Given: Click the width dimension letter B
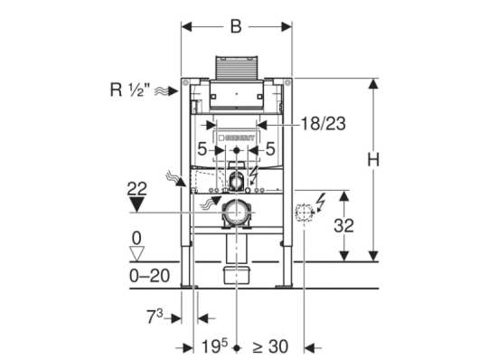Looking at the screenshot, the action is [x=236, y=26].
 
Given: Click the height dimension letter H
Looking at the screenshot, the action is [x=373, y=160].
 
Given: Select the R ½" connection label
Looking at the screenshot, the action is [x=130, y=90].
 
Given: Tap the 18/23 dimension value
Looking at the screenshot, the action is [x=324, y=124].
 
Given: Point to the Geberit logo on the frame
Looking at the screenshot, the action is [x=236, y=138].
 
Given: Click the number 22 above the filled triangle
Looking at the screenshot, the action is [x=136, y=189].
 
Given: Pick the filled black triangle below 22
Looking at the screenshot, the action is [x=136, y=204].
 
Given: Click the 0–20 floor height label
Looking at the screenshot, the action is [x=149, y=276].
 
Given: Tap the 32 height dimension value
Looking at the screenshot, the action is [x=343, y=226].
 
